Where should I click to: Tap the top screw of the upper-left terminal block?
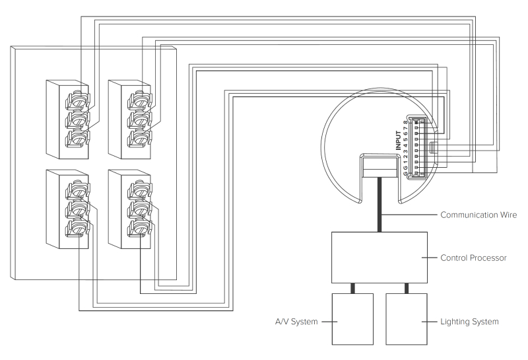coord(79,100)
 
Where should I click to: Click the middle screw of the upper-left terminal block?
coord(79,119)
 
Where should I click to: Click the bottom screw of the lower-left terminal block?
coord(79,228)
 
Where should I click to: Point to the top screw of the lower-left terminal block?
coord(79,190)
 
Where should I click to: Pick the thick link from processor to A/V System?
coord(354,288)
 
